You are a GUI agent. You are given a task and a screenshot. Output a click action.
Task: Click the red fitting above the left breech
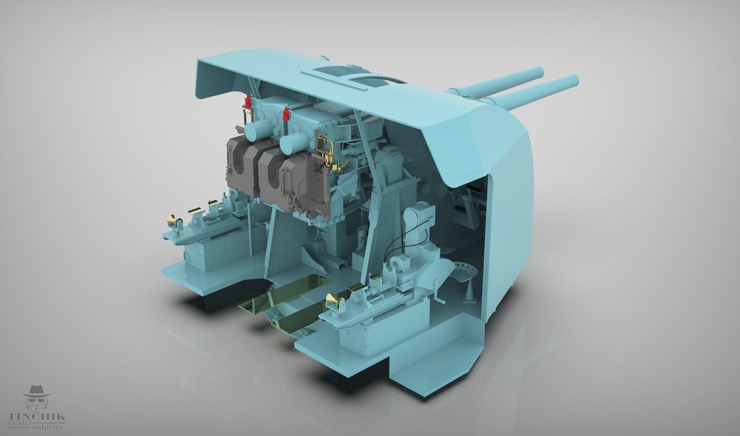point(248,100)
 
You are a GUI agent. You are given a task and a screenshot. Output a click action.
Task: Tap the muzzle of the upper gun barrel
point(538,72)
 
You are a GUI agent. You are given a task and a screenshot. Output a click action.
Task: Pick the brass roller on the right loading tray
point(334,300)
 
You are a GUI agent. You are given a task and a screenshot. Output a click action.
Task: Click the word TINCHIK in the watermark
point(36,416)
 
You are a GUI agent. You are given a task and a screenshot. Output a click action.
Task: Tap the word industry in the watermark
point(47,427)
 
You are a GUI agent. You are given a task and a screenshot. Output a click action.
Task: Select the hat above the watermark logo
point(36,392)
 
